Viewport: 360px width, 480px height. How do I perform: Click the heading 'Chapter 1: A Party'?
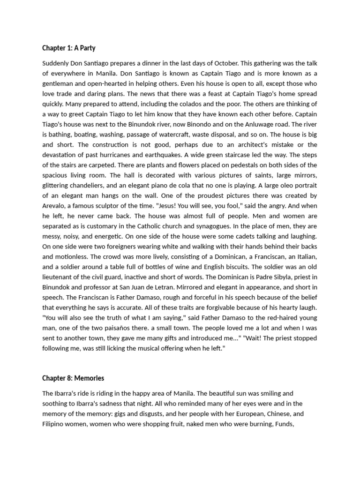68,48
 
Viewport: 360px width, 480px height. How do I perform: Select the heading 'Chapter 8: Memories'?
73,378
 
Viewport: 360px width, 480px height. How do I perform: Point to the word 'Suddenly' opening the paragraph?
56,63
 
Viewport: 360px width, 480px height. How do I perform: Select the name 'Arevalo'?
55,206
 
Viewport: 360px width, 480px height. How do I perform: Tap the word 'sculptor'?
115,206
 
